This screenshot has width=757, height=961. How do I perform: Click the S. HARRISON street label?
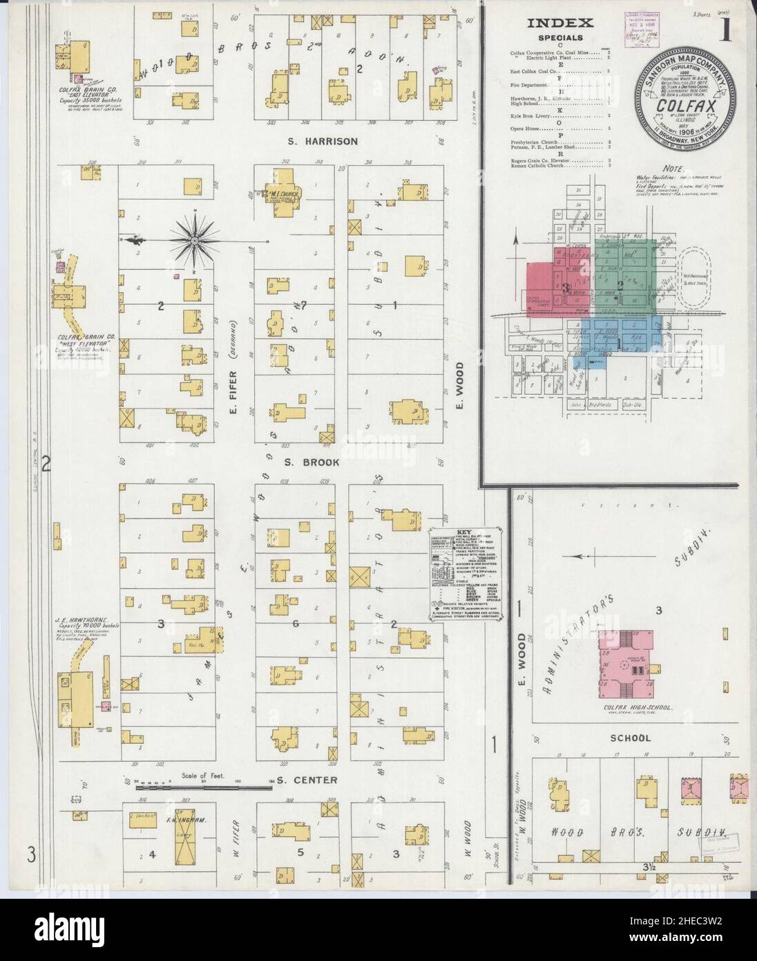point(323,142)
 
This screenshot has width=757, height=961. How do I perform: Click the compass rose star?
point(194,240)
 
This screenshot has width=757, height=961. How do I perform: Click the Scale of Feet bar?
point(204,785)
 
